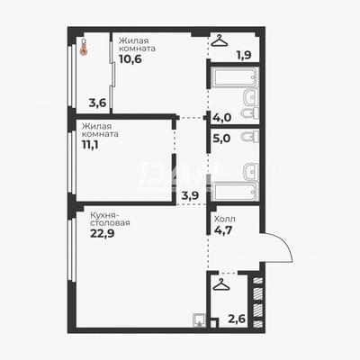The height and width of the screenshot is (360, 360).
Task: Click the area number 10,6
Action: coord(130,59)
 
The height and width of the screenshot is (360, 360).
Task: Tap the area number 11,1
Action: coord(90,145)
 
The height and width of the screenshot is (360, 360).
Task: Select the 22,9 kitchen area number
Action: coord(103,233)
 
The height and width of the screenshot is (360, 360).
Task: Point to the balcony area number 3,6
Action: coord(97,103)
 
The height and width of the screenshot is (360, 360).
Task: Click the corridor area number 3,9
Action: coord(190,195)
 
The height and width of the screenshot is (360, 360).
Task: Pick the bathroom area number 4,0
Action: coord(221,117)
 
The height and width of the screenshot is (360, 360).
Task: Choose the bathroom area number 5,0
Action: coord(221,139)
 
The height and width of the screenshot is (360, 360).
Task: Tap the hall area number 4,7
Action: coord(223,230)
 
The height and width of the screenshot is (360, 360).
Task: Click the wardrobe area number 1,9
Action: coord(244,55)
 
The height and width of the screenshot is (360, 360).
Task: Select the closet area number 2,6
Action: coord(237,319)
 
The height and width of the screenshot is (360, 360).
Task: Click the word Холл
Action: coord(225,219)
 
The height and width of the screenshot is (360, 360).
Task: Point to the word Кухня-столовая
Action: coord(110,220)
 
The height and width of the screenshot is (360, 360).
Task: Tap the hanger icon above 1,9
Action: coord(220,40)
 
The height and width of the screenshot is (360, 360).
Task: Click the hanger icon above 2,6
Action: coord(221,284)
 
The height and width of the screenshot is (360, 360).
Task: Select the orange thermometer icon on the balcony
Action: coord(84,47)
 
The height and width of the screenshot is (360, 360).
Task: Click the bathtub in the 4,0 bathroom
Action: coord(234,77)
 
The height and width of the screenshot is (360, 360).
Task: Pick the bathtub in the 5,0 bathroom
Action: coord(234,191)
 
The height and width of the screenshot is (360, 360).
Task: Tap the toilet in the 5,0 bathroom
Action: coord(250,137)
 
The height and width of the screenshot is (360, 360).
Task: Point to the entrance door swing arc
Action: coord(285,245)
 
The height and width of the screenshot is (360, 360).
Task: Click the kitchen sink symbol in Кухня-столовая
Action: coord(199,319)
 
